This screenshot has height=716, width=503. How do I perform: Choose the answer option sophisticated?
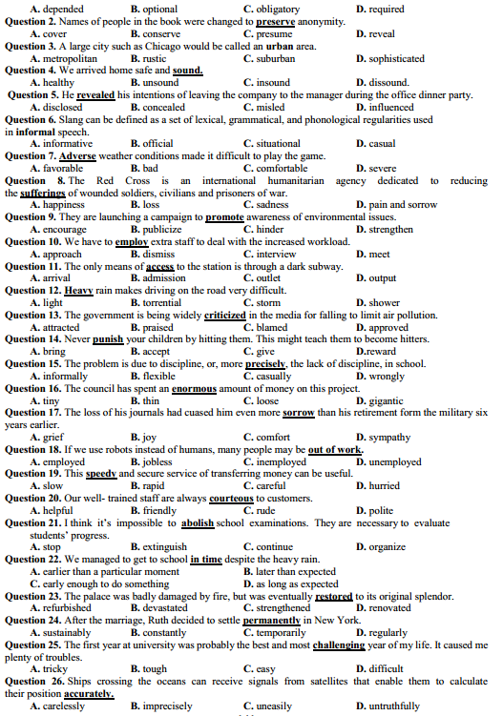(x=393, y=57)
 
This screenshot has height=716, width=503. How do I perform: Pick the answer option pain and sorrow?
(x=401, y=205)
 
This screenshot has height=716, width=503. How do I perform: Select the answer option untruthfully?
(x=392, y=706)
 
